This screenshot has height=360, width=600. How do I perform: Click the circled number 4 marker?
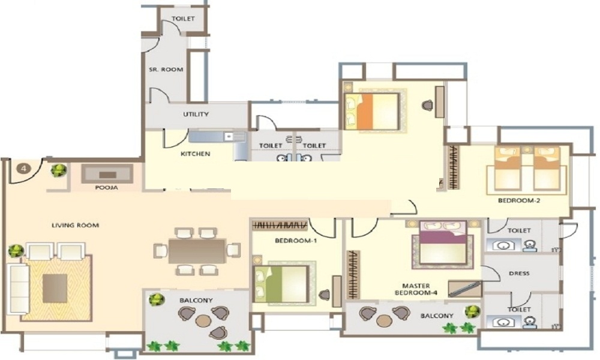pyautogui.click(x=24, y=169)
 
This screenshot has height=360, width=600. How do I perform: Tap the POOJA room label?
pyautogui.click(x=106, y=188)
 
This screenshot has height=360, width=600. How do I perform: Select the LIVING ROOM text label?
pyautogui.click(x=76, y=226)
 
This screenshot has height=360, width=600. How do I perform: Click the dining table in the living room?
pyautogui.click(x=197, y=251)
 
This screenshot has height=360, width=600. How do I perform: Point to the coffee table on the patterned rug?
pyautogui.click(x=55, y=288)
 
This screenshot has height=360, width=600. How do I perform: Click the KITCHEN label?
pyautogui.click(x=195, y=154)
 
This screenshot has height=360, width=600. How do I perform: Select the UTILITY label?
pyautogui.click(x=196, y=114)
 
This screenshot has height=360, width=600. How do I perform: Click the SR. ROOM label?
pyautogui.click(x=166, y=70)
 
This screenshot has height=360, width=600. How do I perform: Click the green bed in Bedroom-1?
pyautogui.click(x=281, y=284)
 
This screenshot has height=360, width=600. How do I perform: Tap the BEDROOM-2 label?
pyautogui.click(x=519, y=200)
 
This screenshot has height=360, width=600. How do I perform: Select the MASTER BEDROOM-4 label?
pyautogui.click(x=416, y=289)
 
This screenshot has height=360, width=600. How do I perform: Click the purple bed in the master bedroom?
pyautogui.click(x=443, y=242)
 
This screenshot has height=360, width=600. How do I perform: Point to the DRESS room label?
pyautogui.click(x=519, y=274)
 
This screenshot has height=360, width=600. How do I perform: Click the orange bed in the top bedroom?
pyautogui.click(x=371, y=111)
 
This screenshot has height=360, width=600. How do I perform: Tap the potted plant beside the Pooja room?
pyautogui.click(x=59, y=170)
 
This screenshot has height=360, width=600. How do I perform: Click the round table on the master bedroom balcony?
pyautogui.click(x=383, y=320)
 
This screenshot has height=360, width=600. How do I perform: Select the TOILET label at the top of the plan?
pyautogui.click(x=183, y=19)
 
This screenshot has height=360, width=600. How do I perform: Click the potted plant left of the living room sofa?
pyautogui.click(x=16, y=251)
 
